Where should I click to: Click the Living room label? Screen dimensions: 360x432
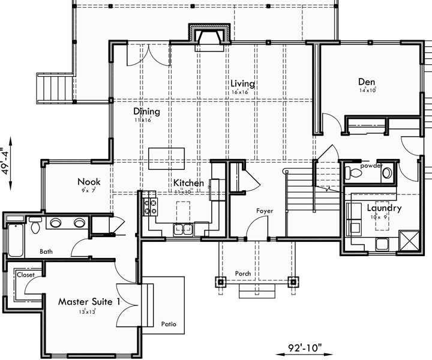pos(242,84)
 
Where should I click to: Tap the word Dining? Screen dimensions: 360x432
pos(146,111)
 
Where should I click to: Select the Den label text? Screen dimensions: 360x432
pos(367,82)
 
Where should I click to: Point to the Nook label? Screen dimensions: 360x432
pos(88,182)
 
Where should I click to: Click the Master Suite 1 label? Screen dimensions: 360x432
pos(89,301)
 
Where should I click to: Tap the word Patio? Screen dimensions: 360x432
pos(169,324)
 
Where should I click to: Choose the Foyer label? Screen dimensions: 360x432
pos(265,211)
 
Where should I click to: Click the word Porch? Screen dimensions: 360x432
pos(243,274)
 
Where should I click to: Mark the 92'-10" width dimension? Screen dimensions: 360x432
pos(304,347)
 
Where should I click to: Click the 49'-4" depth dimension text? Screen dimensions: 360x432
pos(7,160)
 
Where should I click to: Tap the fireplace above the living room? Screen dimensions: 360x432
pos(209,37)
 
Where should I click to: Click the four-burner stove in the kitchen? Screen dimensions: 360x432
pos(151,207)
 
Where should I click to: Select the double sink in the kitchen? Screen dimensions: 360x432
pos(182,228)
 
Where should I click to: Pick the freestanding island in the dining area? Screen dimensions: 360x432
pos(164,155)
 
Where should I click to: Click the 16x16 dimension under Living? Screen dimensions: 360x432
pos(240,92)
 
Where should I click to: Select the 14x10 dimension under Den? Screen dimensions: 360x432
pos(367,91)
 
